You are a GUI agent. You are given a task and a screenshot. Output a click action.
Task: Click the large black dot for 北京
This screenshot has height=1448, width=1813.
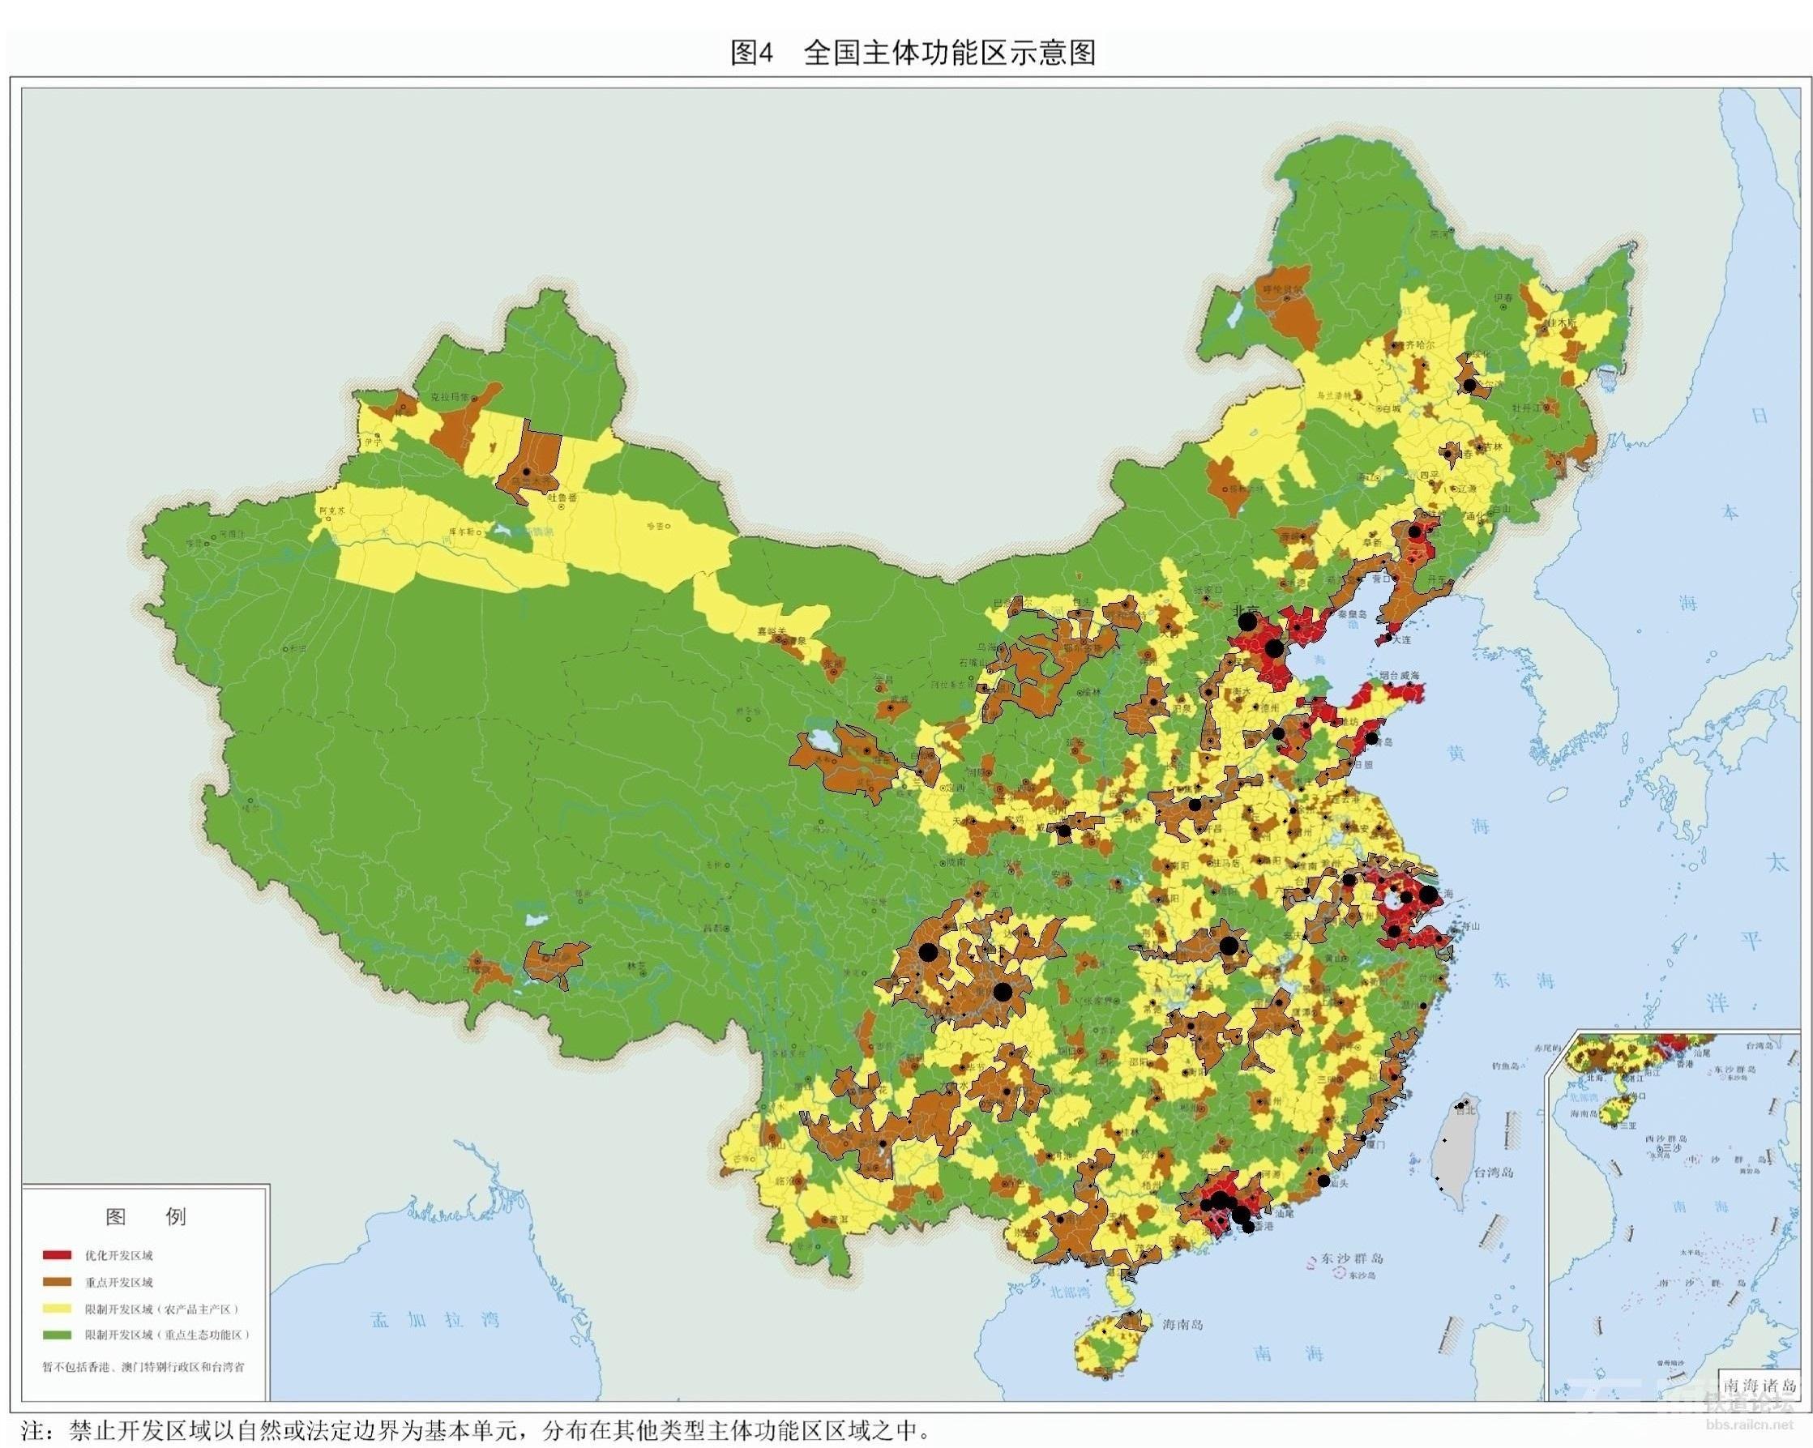click(x=1248, y=622)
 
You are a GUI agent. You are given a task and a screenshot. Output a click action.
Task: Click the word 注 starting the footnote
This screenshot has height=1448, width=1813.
click(x=31, y=1430)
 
